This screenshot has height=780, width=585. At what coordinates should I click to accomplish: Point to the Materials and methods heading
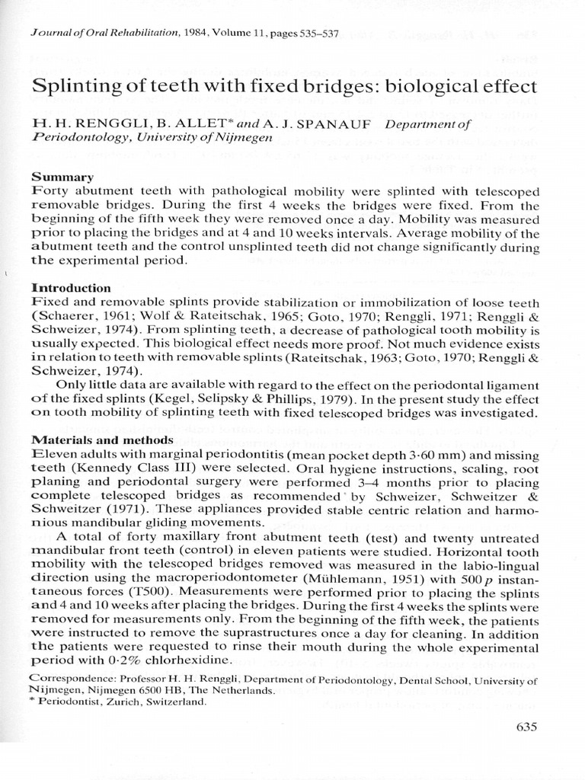[102, 440]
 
